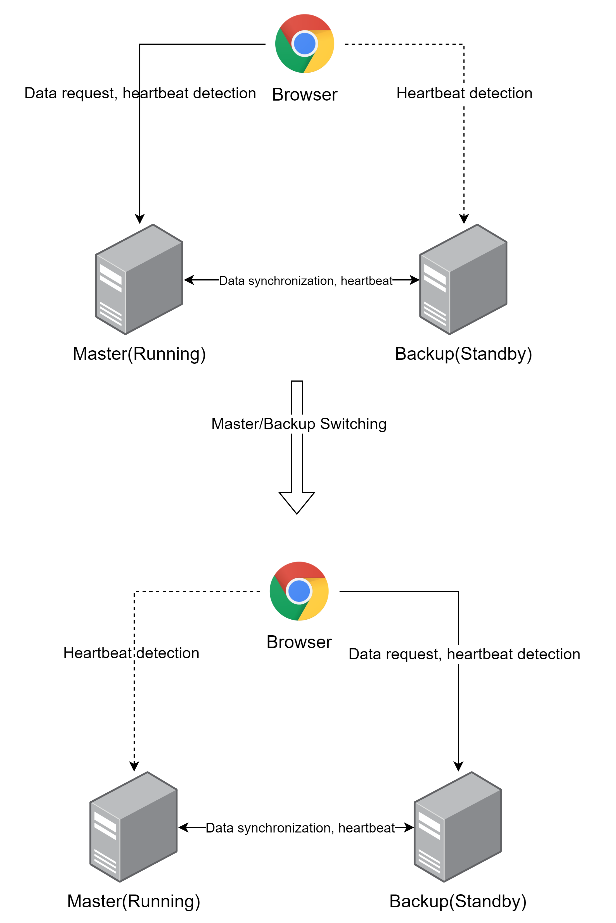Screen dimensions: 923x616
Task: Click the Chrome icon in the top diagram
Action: pyautogui.click(x=304, y=44)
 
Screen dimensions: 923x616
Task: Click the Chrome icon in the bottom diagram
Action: pyautogui.click(x=299, y=591)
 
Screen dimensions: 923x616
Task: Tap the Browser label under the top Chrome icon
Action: pyautogui.click(x=304, y=95)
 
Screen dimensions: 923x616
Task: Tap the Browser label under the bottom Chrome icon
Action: pyautogui.click(x=299, y=642)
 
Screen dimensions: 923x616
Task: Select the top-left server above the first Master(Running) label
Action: pyautogui.click(x=139, y=279)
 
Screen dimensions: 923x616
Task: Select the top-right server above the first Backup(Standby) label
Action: pyautogui.click(x=463, y=279)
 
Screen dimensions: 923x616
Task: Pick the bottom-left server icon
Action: pyautogui.click(x=134, y=827)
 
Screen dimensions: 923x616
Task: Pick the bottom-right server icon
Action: pyautogui.click(x=458, y=827)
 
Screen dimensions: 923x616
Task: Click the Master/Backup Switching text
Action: pyautogui.click(x=298, y=424)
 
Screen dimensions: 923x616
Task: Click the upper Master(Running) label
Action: pyautogui.click(x=139, y=354)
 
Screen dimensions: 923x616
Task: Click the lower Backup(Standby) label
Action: pyautogui.click(x=458, y=901)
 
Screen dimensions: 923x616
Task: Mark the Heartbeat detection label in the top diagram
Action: pyautogui.click(x=464, y=93)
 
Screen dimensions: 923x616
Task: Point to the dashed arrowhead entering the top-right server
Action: pyautogui.click(x=464, y=219)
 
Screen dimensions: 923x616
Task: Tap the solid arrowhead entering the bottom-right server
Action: pyautogui.click(x=458, y=766)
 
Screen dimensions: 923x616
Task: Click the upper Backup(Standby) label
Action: pyautogui.click(x=463, y=354)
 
